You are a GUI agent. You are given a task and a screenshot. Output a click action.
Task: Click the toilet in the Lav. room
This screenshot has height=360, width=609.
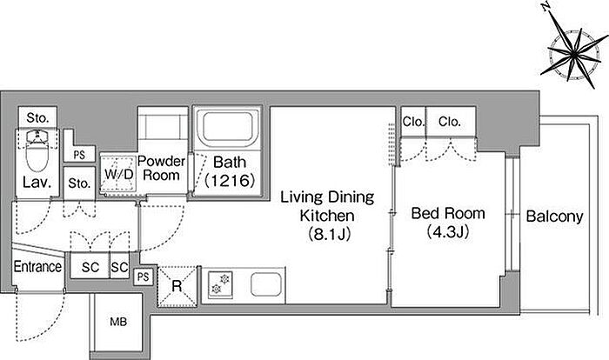(37, 151)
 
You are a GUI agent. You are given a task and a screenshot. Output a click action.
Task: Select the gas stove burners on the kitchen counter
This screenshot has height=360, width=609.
(220, 284)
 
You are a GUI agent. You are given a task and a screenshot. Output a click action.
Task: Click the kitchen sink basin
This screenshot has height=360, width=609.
(265, 284)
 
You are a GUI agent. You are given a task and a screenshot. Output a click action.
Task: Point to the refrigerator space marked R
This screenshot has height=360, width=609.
(177, 286)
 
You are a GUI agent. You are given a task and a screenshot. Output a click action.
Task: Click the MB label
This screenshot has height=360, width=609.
(118, 322)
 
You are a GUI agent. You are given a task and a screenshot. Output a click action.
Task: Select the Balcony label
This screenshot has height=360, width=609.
(555, 217)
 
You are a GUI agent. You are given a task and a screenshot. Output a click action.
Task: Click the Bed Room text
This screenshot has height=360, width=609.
(448, 213)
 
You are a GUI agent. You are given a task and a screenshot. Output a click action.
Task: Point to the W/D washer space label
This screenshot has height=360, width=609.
(119, 175)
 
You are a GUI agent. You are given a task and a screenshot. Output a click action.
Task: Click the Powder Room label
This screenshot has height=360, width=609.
(162, 168)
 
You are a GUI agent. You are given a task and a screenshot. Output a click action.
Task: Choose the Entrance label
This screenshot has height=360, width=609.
(37, 267)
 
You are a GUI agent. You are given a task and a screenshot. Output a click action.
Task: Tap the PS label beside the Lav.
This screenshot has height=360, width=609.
(79, 155)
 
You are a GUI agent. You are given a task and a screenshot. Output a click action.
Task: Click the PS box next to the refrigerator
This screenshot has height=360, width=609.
(144, 277)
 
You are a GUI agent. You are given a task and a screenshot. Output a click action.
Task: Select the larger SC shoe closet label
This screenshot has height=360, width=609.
(90, 267)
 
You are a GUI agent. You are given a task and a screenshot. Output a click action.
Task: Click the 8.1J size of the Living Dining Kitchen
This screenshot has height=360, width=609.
(330, 234)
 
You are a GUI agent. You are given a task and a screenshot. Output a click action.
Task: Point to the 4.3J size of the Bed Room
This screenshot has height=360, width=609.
(448, 232)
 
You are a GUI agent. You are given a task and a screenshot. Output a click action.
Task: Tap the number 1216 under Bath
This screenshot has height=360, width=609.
(230, 180)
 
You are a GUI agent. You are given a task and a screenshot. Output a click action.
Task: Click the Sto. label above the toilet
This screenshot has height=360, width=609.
(37, 117)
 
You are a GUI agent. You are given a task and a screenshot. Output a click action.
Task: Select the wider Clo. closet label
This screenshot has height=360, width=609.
(450, 122)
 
